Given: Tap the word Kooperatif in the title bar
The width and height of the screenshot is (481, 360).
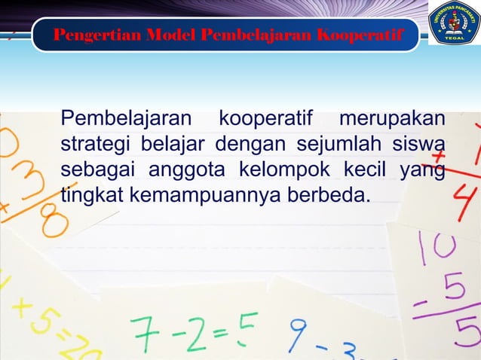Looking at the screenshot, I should [360, 35].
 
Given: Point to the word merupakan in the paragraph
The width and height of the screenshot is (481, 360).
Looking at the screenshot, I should [391, 120].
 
